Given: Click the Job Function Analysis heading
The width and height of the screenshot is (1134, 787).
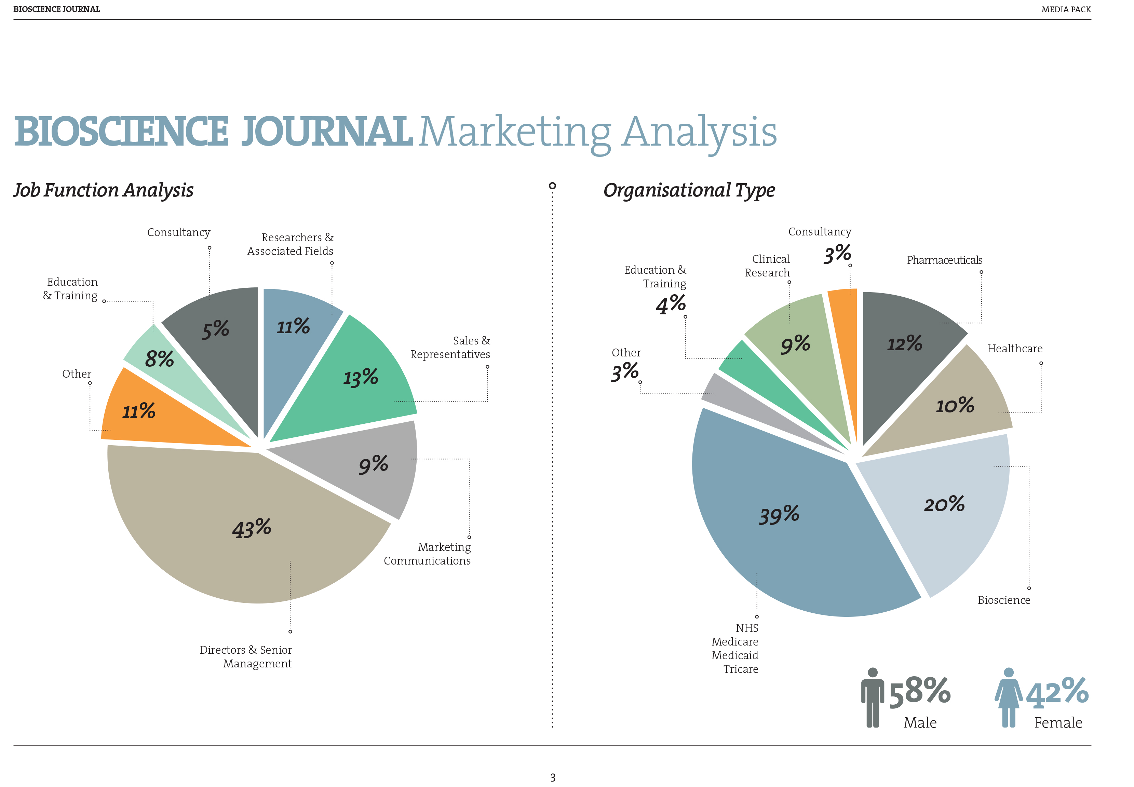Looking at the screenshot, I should click(x=104, y=190).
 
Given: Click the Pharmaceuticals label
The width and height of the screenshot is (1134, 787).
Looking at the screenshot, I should click(x=944, y=260).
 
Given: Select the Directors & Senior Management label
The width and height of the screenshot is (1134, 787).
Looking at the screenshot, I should click(x=245, y=656).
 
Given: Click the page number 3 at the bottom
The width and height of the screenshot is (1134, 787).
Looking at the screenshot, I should click(x=553, y=778).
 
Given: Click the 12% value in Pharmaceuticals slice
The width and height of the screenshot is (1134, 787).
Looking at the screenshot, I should click(x=904, y=344).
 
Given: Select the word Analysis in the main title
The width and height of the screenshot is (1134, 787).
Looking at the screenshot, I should click(x=699, y=132).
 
